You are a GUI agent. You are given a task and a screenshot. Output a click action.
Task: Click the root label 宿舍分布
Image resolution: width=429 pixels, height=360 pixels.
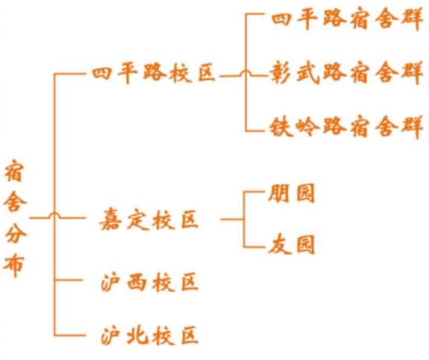(15, 218)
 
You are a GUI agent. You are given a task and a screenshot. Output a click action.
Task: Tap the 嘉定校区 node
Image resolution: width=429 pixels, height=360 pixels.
(148, 220)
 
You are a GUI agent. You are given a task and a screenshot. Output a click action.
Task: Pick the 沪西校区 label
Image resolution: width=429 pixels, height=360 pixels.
(149, 282)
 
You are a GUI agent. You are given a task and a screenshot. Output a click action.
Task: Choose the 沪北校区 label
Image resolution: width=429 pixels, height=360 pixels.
(149, 335)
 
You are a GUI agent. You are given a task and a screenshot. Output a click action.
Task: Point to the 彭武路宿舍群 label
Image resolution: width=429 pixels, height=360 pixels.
(346, 73)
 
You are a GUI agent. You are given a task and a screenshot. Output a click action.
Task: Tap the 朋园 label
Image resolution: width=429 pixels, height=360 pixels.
(291, 194)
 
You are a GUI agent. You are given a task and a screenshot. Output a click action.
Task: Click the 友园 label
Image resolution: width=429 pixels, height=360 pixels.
(291, 244)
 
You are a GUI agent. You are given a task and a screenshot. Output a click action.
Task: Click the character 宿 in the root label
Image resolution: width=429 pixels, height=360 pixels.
(14, 171)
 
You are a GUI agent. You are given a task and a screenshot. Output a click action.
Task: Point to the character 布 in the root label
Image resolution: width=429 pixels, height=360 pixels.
(13, 265)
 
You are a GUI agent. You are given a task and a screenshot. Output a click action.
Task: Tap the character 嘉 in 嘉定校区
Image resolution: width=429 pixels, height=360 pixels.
(110, 220)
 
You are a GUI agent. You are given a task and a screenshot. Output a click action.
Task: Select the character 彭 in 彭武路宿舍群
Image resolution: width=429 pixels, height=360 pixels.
(281, 73)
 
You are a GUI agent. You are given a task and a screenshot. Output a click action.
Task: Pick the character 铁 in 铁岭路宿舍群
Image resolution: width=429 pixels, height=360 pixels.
(281, 127)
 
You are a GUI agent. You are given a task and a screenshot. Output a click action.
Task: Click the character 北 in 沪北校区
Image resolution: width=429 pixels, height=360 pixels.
(137, 335)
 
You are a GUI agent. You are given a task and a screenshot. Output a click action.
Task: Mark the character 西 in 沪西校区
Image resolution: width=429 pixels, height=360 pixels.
(137, 282)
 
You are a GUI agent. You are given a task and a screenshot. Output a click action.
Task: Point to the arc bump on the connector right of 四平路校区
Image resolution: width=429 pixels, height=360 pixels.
(245, 72)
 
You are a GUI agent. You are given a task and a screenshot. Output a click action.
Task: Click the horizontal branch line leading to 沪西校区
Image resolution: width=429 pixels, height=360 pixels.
(69, 280)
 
